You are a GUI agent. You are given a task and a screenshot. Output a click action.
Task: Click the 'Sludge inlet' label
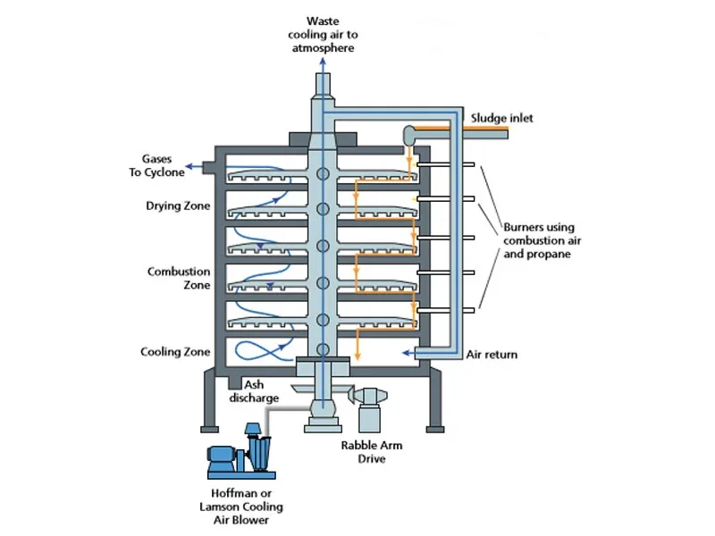(501, 118)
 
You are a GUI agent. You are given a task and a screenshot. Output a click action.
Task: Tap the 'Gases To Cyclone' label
(156, 165)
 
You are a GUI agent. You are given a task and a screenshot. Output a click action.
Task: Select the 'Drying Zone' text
(178, 205)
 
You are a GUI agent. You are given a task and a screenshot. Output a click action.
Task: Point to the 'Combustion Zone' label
(179, 278)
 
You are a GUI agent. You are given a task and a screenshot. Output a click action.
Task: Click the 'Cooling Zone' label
(175, 352)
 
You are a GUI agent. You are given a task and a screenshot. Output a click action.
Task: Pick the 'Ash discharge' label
(254, 391)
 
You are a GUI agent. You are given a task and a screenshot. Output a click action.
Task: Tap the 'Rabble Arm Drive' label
(372, 452)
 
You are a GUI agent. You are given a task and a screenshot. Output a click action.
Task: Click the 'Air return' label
(492, 355)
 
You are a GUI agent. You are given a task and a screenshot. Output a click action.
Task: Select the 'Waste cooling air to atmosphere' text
(323, 35)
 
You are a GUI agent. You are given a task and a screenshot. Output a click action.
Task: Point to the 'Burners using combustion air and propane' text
(543, 240)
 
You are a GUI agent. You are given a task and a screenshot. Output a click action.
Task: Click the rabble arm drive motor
(371, 409)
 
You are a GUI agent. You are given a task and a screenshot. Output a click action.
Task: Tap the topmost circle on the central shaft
(323, 173)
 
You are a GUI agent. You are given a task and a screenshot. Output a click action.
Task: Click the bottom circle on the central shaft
(323, 349)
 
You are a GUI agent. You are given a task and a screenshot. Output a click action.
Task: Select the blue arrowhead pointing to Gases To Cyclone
(189, 167)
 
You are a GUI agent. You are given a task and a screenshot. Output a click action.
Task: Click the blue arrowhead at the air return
(405, 352)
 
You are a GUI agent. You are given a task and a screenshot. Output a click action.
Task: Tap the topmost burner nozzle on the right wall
(445, 164)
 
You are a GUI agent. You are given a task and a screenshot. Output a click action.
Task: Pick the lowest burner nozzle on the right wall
(445, 310)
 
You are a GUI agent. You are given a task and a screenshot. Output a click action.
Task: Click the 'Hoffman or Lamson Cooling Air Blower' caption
(241, 507)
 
